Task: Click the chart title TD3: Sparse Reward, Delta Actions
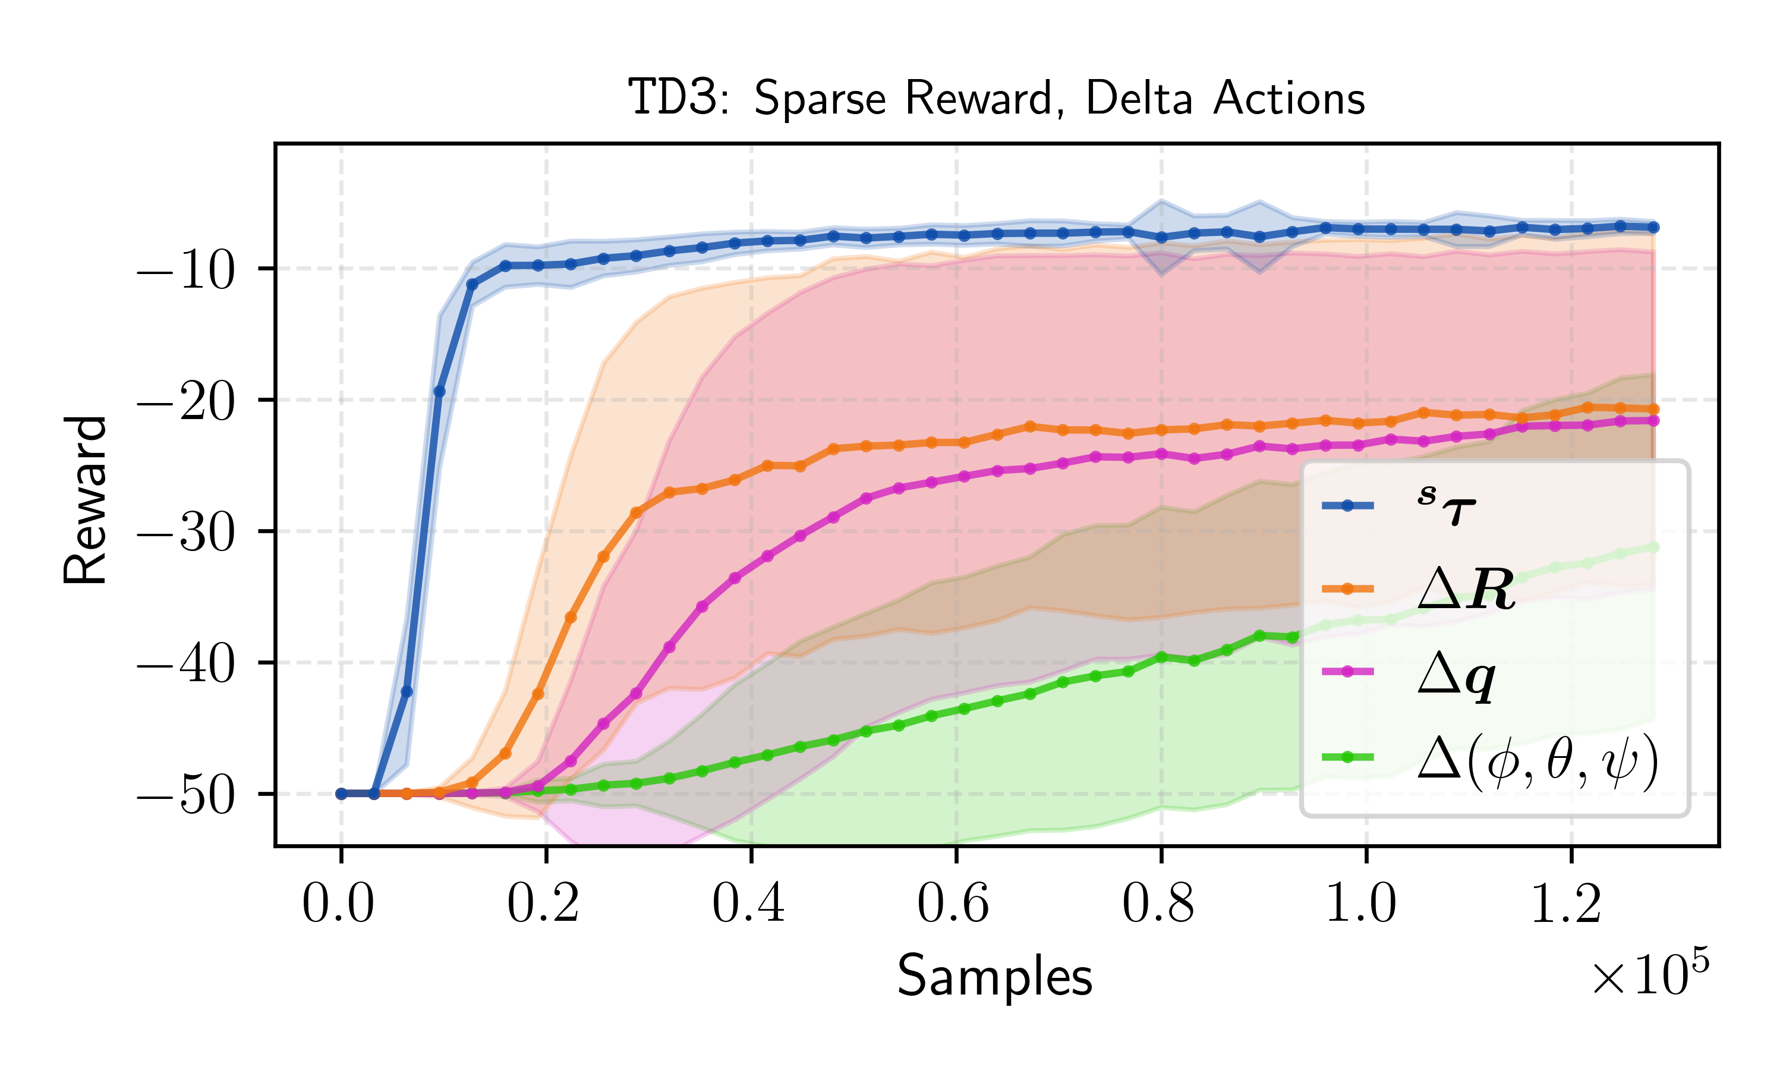tap(997, 98)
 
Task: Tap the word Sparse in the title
tap(820, 99)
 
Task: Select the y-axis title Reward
tap(85, 500)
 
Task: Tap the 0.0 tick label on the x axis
tap(338, 904)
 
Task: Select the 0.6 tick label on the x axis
tap(953, 904)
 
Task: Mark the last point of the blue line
tap(1654, 227)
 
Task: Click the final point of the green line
tap(1654, 547)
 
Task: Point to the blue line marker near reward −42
tap(407, 691)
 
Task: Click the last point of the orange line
tap(1654, 409)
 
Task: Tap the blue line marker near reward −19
tap(439, 392)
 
